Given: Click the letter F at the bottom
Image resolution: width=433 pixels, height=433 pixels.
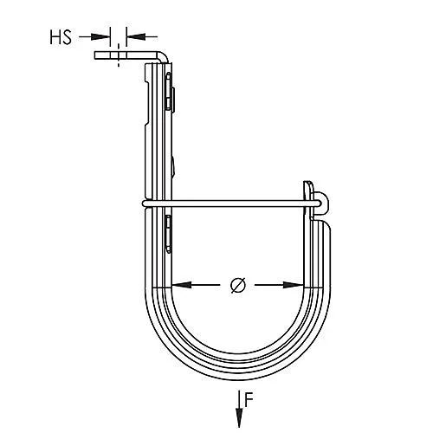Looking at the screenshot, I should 249,401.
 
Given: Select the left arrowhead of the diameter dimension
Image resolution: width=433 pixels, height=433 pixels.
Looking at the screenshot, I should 178,286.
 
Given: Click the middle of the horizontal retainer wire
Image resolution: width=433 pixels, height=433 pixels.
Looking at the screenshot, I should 234,204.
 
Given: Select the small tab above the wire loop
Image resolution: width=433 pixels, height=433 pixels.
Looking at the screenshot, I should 308,189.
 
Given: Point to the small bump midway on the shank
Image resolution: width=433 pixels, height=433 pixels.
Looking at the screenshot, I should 173,165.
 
